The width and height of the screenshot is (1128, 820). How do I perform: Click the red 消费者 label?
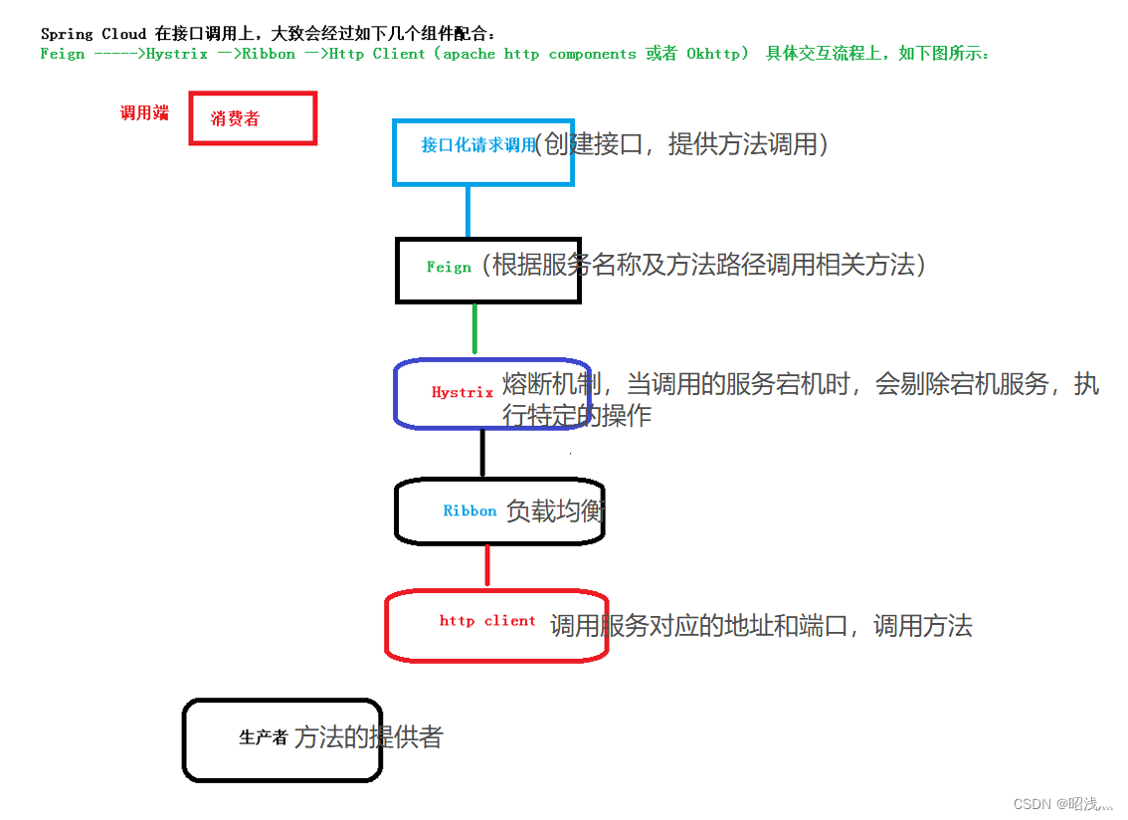[235, 119]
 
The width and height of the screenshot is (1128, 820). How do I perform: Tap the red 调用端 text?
[144, 113]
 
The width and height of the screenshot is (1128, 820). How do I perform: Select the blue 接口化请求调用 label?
[478, 145]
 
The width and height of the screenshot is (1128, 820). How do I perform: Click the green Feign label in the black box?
[449, 267]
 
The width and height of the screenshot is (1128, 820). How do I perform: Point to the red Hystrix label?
[463, 392]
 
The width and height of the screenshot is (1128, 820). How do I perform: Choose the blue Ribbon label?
[470, 511]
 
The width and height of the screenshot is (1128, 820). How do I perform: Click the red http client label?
[487, 621]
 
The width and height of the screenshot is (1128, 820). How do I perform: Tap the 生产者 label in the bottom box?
[264, 737]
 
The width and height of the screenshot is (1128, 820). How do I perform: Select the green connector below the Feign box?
[474, 328]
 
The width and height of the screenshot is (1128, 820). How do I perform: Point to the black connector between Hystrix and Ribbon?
[482, 453]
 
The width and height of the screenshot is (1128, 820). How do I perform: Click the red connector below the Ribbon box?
[486, 564]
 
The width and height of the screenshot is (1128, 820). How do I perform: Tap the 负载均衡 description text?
[555, 512]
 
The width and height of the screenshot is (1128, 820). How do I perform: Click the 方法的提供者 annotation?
[368, 737]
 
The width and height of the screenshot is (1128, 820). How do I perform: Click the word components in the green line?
[592, 54]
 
